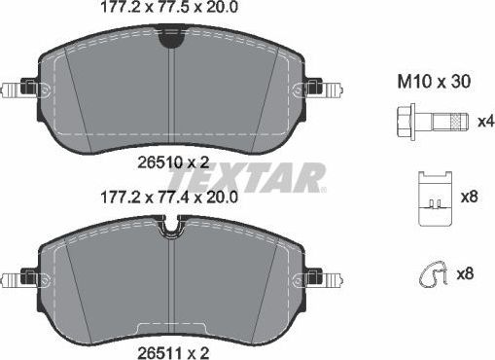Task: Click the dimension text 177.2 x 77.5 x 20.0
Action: (x=171, y=8)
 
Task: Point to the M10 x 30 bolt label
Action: (x=435, y=83)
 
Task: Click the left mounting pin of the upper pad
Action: (x=16, y=90)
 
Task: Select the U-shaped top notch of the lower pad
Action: (x=171, y=229)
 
